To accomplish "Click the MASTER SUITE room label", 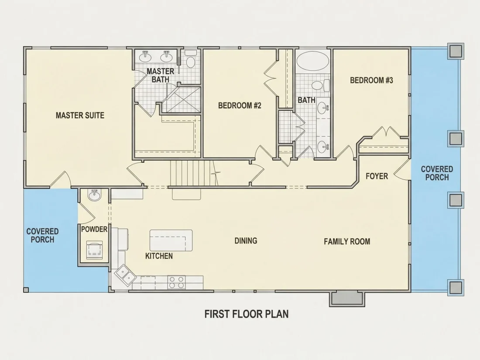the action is (80, 115).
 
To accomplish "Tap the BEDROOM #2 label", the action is (240, 106).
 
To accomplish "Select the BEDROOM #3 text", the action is (371, 80).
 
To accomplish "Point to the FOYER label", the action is (377, 176).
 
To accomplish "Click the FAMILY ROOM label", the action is (347, 242).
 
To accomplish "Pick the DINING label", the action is (246, 240).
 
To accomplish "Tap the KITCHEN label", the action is (159, 256).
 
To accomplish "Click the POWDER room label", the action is (94, 229).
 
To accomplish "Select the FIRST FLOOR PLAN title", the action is (247, 314).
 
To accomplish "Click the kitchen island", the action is (171, 240).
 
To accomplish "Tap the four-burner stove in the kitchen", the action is (176, 282).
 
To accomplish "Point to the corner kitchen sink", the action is (126, 274).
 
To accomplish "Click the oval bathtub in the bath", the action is (313, 61).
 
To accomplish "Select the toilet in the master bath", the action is (191, 60).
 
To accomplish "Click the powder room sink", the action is (94, 195).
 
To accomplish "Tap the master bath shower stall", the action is (181, 100).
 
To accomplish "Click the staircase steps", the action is (193, 173).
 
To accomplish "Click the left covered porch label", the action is (43, 235).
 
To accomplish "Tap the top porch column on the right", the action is (456, 51).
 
